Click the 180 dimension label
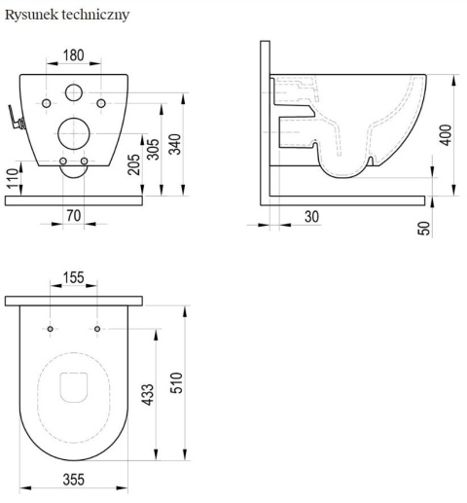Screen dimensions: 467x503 pyautogui.click(x=74, y=55)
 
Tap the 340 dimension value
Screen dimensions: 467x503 pyautogui.click(x=175, y=144)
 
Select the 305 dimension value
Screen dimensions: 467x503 pyautogui.click(x=154, y=149)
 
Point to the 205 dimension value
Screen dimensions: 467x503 pyautogui.click(x=133, y=164)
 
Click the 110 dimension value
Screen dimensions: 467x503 pyautogui.click(x=13, y=178)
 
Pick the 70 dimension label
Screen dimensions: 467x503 pyautogui.click(x=74, y=216)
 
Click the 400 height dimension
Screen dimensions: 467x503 pyautogui.click(x=447, y=135)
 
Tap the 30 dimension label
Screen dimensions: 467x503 pyautogui.click(x=311, y=217)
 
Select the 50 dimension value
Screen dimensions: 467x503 pyautogui.click(x=424, y=229)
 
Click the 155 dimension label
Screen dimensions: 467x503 pyautogui.click(x=74, y=277)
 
